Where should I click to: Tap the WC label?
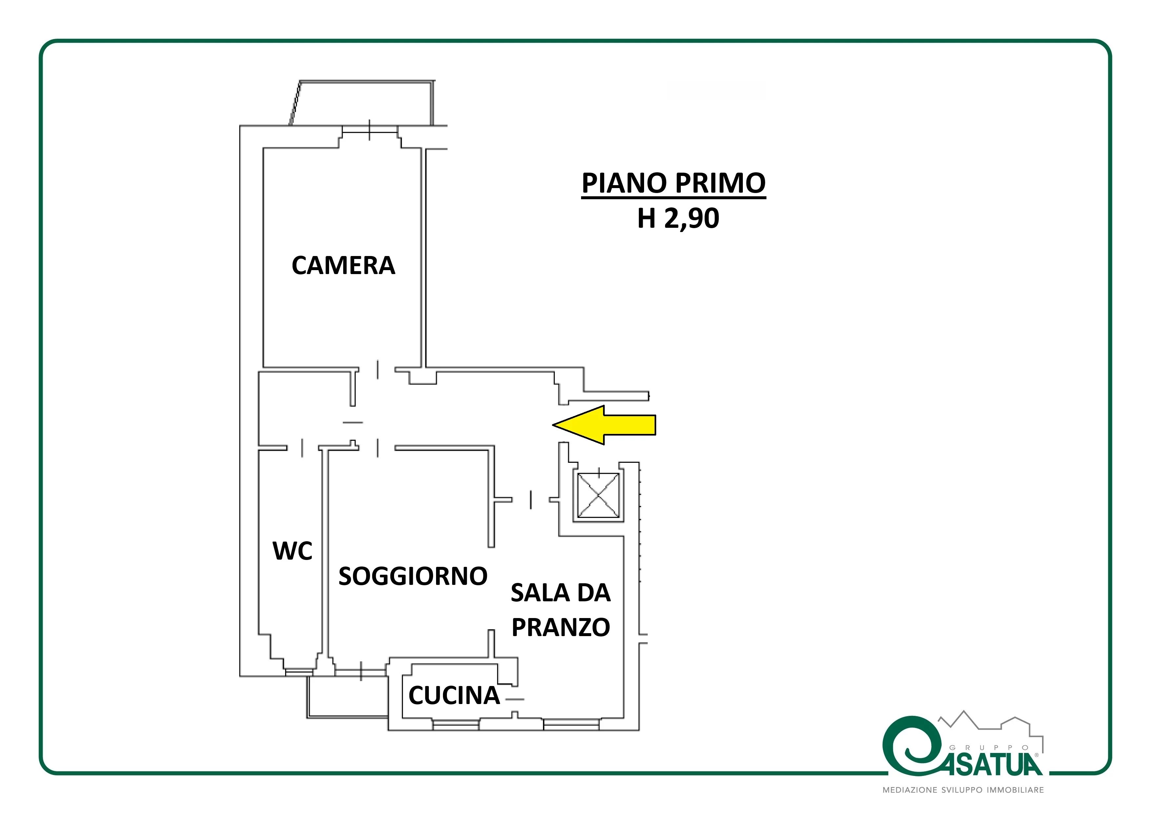(292, 551)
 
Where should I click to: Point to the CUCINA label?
(454, 695)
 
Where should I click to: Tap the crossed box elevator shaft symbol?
(598, 496)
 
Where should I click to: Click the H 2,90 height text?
(678, 218)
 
